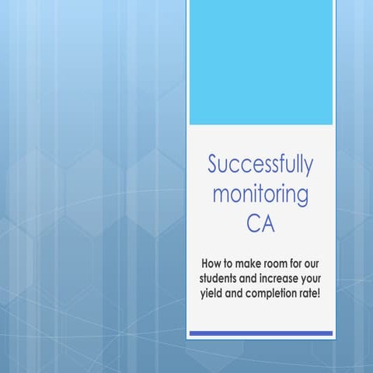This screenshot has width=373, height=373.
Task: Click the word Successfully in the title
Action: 260,165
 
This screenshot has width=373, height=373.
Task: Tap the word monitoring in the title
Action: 260,194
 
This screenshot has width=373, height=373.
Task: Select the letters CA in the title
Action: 260,225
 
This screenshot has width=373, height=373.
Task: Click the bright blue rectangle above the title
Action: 260,62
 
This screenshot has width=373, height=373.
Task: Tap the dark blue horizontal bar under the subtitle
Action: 260,333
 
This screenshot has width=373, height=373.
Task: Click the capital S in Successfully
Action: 214,165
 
